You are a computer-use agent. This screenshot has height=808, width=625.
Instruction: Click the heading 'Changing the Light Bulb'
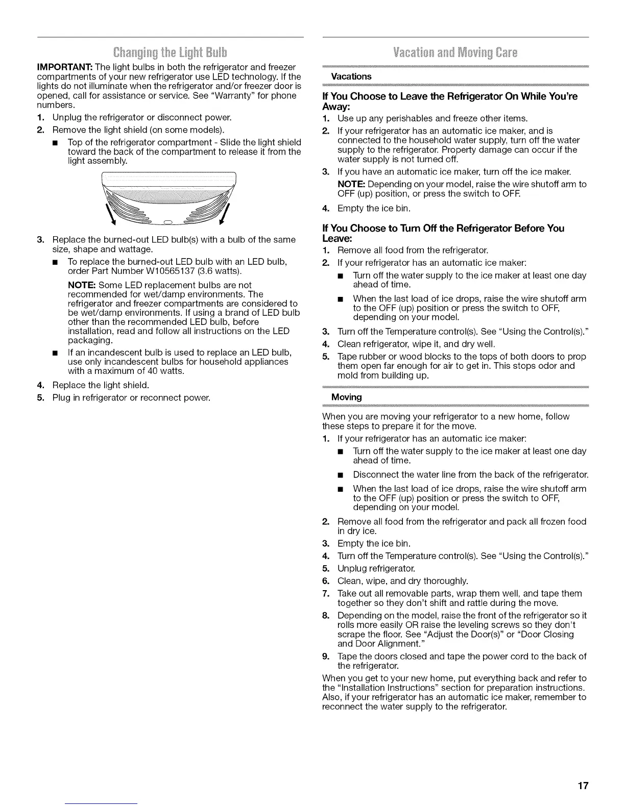(171, 53)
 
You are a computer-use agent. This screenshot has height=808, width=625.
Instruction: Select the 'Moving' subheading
(347, 397)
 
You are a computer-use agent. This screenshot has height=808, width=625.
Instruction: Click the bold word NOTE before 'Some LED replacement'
(82, 285)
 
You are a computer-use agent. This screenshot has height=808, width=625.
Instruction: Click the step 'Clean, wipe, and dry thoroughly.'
(402, 581)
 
